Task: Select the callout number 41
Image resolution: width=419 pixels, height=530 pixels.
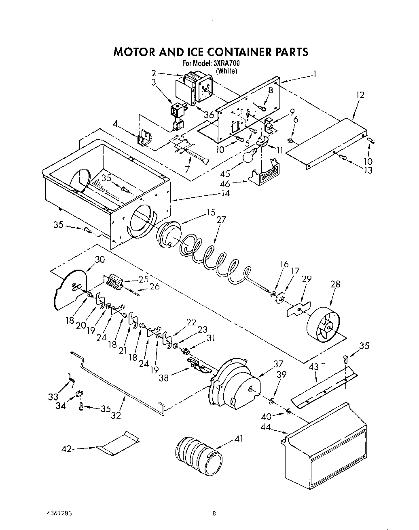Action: click(x=239, y=438)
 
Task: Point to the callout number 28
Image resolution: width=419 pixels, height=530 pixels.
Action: click(x=335, y=284)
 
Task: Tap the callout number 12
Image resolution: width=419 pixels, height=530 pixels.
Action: click(x=360, y=95)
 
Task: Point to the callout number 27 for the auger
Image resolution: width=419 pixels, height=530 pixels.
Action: click(x=221, y=220)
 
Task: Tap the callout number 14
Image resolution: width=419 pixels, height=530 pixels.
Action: click(x=225, y=193)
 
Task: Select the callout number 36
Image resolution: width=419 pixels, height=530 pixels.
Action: click(x=209, y=115)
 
